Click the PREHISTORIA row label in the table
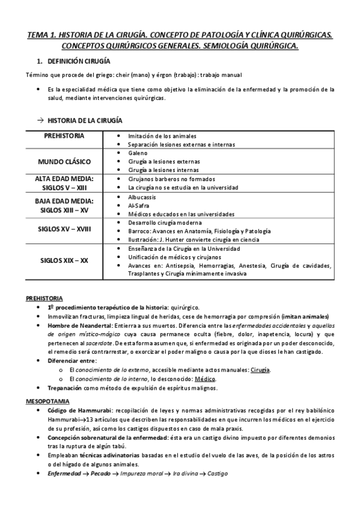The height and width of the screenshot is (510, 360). tap(65, 136)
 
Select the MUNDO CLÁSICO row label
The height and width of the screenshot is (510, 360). tap(65, 162)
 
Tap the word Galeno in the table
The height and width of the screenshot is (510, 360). tap(138, 153)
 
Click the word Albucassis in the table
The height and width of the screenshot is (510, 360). tap(142, 197)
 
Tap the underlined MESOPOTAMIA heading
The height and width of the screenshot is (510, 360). tap(48, 384)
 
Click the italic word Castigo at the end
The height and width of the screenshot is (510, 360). tap(215, 473)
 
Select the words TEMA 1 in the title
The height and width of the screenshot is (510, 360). tap(43, 36)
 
